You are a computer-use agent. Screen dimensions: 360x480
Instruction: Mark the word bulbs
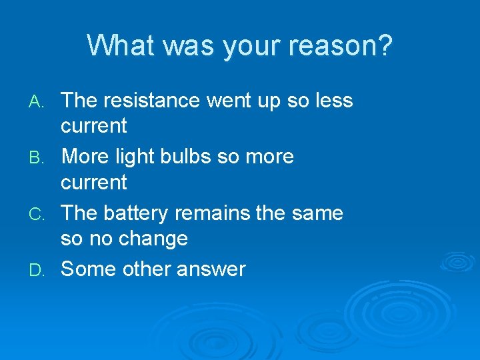(x=194, y=157)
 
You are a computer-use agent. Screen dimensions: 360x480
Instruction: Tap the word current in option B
(x=93, y=182)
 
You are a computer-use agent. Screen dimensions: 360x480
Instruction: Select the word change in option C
(x=155, y=239)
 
